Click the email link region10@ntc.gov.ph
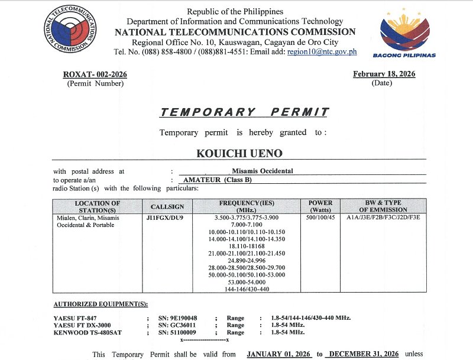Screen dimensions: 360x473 [322, 52]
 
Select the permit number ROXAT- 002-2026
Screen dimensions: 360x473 [95, 74]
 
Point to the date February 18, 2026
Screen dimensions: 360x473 [384, 74]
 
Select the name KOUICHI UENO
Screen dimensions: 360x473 [239, 153]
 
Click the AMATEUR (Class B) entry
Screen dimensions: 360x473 [218, 180]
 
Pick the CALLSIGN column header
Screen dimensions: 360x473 [167, 207]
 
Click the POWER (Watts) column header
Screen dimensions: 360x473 [320, 206]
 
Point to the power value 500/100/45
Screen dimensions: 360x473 [320, 218]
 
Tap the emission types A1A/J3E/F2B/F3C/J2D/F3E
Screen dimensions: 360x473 [383, 218]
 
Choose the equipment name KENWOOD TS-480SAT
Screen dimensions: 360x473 [87, 333]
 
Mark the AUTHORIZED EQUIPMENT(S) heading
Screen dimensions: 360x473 [101, 304]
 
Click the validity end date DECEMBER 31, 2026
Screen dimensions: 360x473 [364, 354]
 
